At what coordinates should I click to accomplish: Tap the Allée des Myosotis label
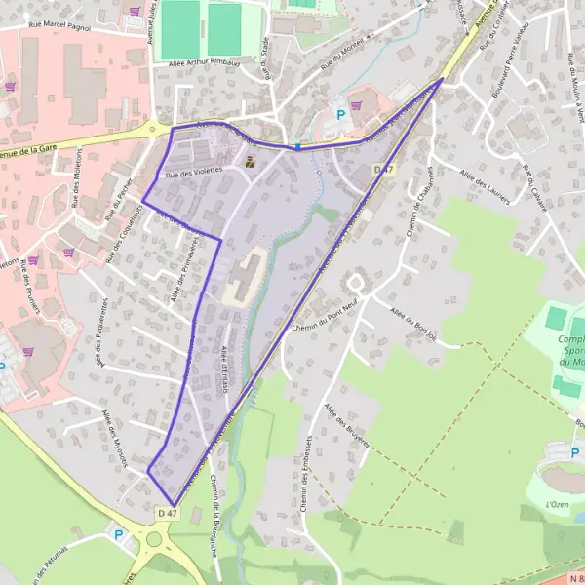[x=115, y=437]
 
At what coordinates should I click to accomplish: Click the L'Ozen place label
[x=558, y=504]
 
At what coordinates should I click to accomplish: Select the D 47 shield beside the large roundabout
[x=168, y=512]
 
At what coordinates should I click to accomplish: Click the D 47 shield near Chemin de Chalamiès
[x=384, y=170]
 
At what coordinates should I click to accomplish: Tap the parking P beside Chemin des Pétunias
[x=119, y=534]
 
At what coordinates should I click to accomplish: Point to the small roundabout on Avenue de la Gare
[x=151, y=129]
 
